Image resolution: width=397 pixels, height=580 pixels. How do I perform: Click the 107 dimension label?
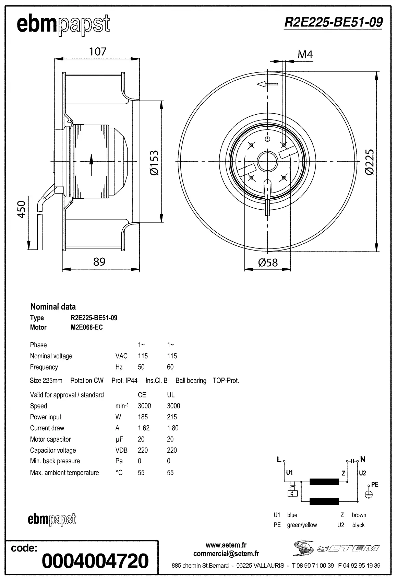point(98,51)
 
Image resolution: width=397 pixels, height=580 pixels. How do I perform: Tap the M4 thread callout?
point(305,55)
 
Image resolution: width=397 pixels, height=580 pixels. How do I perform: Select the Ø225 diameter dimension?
point(370,162)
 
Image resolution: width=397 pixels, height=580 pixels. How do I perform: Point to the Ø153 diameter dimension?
point(155,163)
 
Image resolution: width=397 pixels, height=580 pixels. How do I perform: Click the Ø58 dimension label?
point(268,263)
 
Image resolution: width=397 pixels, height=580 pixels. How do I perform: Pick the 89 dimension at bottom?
point(99,262)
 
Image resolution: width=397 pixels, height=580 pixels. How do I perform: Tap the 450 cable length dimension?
point(22,209)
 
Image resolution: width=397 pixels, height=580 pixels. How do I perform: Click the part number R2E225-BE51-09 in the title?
point(333,22)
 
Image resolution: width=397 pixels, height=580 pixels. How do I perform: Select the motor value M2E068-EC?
point(87,327)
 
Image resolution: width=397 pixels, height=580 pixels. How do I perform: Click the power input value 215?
point(172,417)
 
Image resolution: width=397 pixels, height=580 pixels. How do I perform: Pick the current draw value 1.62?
point(144,428)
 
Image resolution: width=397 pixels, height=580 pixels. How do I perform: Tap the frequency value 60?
point(170,367)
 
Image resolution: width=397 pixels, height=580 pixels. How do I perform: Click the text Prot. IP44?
point(124,381)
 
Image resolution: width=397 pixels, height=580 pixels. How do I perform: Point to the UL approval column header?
point(171,395)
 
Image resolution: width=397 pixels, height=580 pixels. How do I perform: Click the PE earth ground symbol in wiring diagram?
point(368,495)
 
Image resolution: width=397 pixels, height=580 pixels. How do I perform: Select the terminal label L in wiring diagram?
point(279,460)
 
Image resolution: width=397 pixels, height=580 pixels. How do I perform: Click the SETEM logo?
point(336,548)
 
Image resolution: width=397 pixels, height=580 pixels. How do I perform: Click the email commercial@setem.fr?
point(226,554)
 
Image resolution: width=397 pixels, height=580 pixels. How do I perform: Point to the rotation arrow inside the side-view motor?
point(92,165)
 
